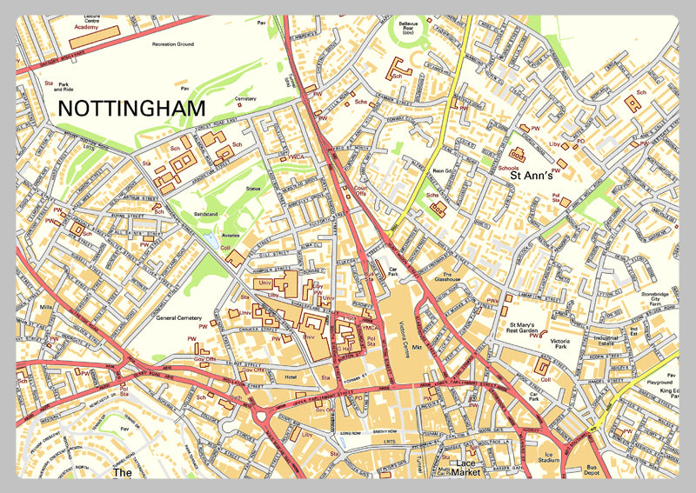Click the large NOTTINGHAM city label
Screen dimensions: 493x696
tap(131, 109)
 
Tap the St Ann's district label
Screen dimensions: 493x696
tap(532, 177)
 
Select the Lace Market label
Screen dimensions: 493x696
tap(470, 468)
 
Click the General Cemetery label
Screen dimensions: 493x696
tap(178, 318)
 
